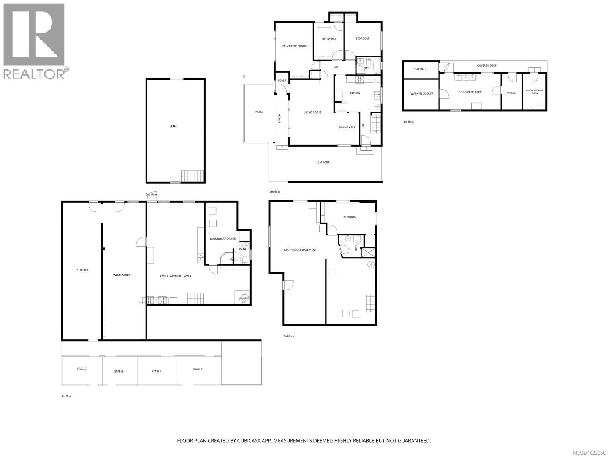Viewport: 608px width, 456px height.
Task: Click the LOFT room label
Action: click(x=173, y=126)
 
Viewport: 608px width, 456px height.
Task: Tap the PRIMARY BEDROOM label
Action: click(x=294, y=46)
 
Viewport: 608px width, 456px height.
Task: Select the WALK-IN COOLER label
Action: click(x=421, y=93)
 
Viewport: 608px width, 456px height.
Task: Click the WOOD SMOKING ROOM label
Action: click(x=534, y=92)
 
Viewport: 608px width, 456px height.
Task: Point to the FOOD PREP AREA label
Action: click(x=470, y=92)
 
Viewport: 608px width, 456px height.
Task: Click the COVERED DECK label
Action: click(x=487, y=65)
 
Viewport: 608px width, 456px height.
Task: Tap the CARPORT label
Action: click(x=323, y=163)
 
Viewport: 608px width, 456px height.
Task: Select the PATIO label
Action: click(x=259, y=112)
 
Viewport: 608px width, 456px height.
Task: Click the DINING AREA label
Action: click(x=347, y=127)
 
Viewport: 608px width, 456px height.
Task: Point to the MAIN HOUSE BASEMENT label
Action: click(x=300, y=250)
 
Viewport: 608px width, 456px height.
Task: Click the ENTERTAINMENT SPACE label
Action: click(x=176, y=276)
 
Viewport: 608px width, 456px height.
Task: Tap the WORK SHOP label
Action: click(x=121, y=275)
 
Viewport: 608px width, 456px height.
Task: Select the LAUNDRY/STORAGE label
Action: click(x=223, y=239)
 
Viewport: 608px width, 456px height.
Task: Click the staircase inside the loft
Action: click(x=188, y=176)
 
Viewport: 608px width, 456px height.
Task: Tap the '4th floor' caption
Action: click(x=408, y=122)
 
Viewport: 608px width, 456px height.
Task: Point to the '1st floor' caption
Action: click(x=66, y=396)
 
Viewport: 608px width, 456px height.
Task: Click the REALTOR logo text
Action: click(x=34, y=74)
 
